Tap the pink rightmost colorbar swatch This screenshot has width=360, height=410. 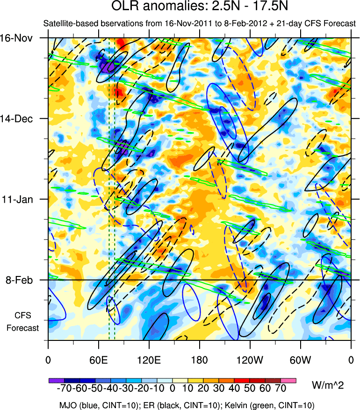288,380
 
